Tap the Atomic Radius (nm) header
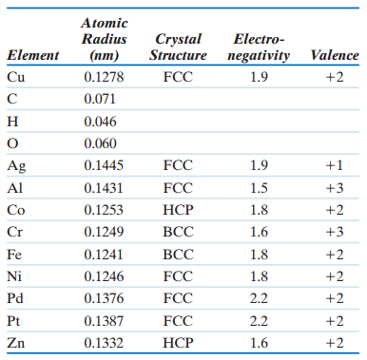[x=104, y=38]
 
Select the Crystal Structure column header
[x=177, y=47]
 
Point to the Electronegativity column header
[x=259, y=47]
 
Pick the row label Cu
[x=16, y=76]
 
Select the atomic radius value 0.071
[x=99, y=98]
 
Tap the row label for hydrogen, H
[x=12, y=121]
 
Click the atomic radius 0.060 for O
[x=99, y=142]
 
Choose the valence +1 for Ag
[x=333, y=164]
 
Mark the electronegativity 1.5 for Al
[x=258, y=187]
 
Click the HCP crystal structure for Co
[x=178, y=209]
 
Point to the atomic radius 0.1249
[x=103, y=231]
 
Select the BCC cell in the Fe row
[x=178, y=254]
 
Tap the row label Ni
[x=14, y=275]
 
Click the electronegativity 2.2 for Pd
[x=258, y=297]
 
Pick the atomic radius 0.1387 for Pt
[x=103, y=320]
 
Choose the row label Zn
[x=16, y=342]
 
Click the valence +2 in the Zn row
[x=333, y=342]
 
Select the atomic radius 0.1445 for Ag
[x=103, y=164]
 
